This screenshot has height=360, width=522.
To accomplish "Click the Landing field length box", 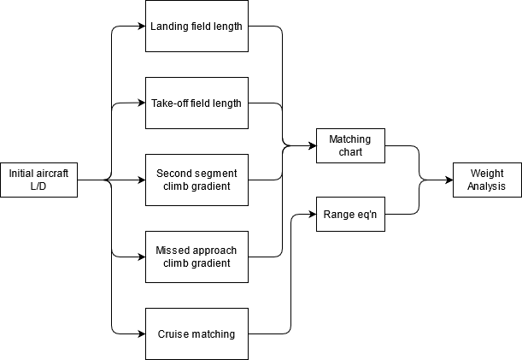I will (x=196, y=26).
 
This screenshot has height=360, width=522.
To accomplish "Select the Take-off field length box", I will (x=196, y=103).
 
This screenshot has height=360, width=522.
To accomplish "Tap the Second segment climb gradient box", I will (x=196, y=180).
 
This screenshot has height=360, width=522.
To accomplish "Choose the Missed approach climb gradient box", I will (x=196, y=257).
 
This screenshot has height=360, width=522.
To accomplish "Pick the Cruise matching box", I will (x=196, y=333).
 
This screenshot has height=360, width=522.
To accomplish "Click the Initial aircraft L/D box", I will (x=38, y=180).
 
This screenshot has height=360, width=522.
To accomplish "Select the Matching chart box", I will (x=350, y=145).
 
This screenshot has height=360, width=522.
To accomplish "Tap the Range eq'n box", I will (x=350, y=214).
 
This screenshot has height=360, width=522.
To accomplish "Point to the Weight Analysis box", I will (x=487, y=180).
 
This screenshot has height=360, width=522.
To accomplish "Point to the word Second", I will (x=174, y=174).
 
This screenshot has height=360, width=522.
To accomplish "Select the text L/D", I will (x=38, y=186).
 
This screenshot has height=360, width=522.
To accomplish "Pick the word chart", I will (x=350, y=152).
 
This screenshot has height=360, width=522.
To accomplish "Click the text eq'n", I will (x=365, y=214).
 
